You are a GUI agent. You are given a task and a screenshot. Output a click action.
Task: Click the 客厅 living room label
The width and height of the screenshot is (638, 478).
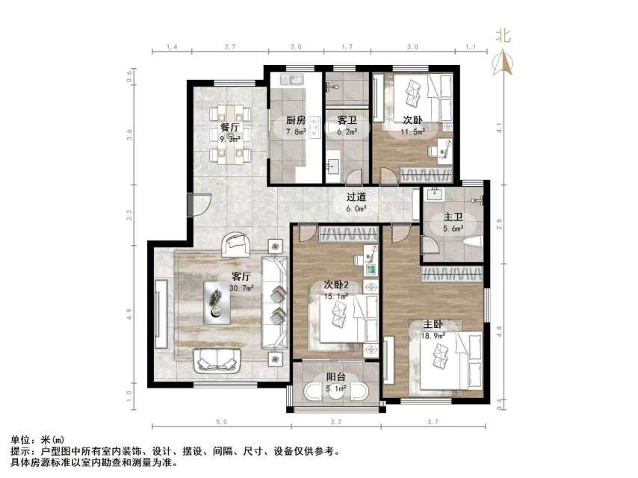[x=240, y=276]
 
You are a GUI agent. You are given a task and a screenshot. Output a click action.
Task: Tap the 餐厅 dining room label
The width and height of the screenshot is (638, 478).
[x=229, y=128]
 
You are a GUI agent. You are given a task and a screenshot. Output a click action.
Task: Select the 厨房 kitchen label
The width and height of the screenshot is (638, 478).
[x=296, y=120]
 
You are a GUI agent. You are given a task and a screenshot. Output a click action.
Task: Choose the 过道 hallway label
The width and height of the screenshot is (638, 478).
[x=356, y=198]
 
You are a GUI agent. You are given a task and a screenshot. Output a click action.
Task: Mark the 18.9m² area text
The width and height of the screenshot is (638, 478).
[x=433, y=336]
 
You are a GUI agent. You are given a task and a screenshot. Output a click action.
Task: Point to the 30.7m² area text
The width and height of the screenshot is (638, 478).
[x=241, y=288]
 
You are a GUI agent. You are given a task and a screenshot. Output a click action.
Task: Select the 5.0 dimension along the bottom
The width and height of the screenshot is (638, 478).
[x=221, y=423]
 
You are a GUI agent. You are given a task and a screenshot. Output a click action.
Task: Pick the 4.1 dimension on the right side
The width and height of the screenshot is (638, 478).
[x=500, y=125]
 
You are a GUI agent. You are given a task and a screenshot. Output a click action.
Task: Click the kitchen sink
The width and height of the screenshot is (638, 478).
[x=289, y=78]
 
